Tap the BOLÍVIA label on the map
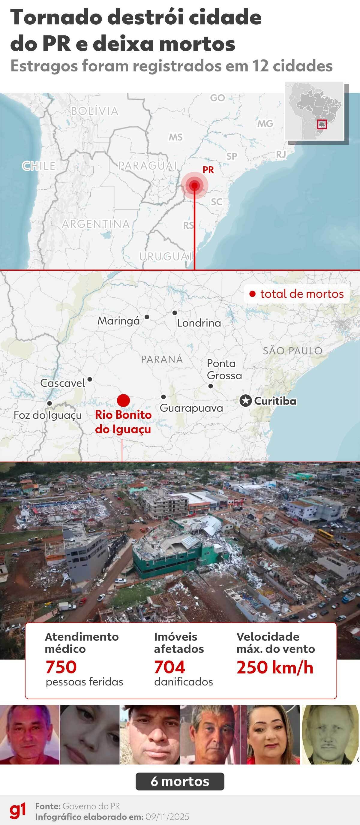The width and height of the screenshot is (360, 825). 94,111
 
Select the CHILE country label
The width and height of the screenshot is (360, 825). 39,166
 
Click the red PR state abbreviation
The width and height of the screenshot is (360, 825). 208,170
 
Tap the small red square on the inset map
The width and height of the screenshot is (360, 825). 322,124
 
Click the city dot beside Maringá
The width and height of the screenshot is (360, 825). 147,317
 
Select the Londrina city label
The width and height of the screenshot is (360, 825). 199,323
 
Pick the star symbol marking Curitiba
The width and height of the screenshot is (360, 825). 246,401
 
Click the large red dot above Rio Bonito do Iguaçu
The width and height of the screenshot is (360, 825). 123,400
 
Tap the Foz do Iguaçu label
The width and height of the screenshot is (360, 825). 47,415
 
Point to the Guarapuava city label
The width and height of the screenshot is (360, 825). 191,408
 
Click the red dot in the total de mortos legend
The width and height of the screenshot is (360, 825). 252,294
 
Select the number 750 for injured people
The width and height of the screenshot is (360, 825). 61,667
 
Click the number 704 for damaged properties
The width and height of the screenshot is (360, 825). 169,667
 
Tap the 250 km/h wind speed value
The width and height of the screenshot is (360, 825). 275,667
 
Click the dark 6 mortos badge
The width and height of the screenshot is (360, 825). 180,781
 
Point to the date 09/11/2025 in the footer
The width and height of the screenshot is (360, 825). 167,817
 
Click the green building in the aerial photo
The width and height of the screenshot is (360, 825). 166,559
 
